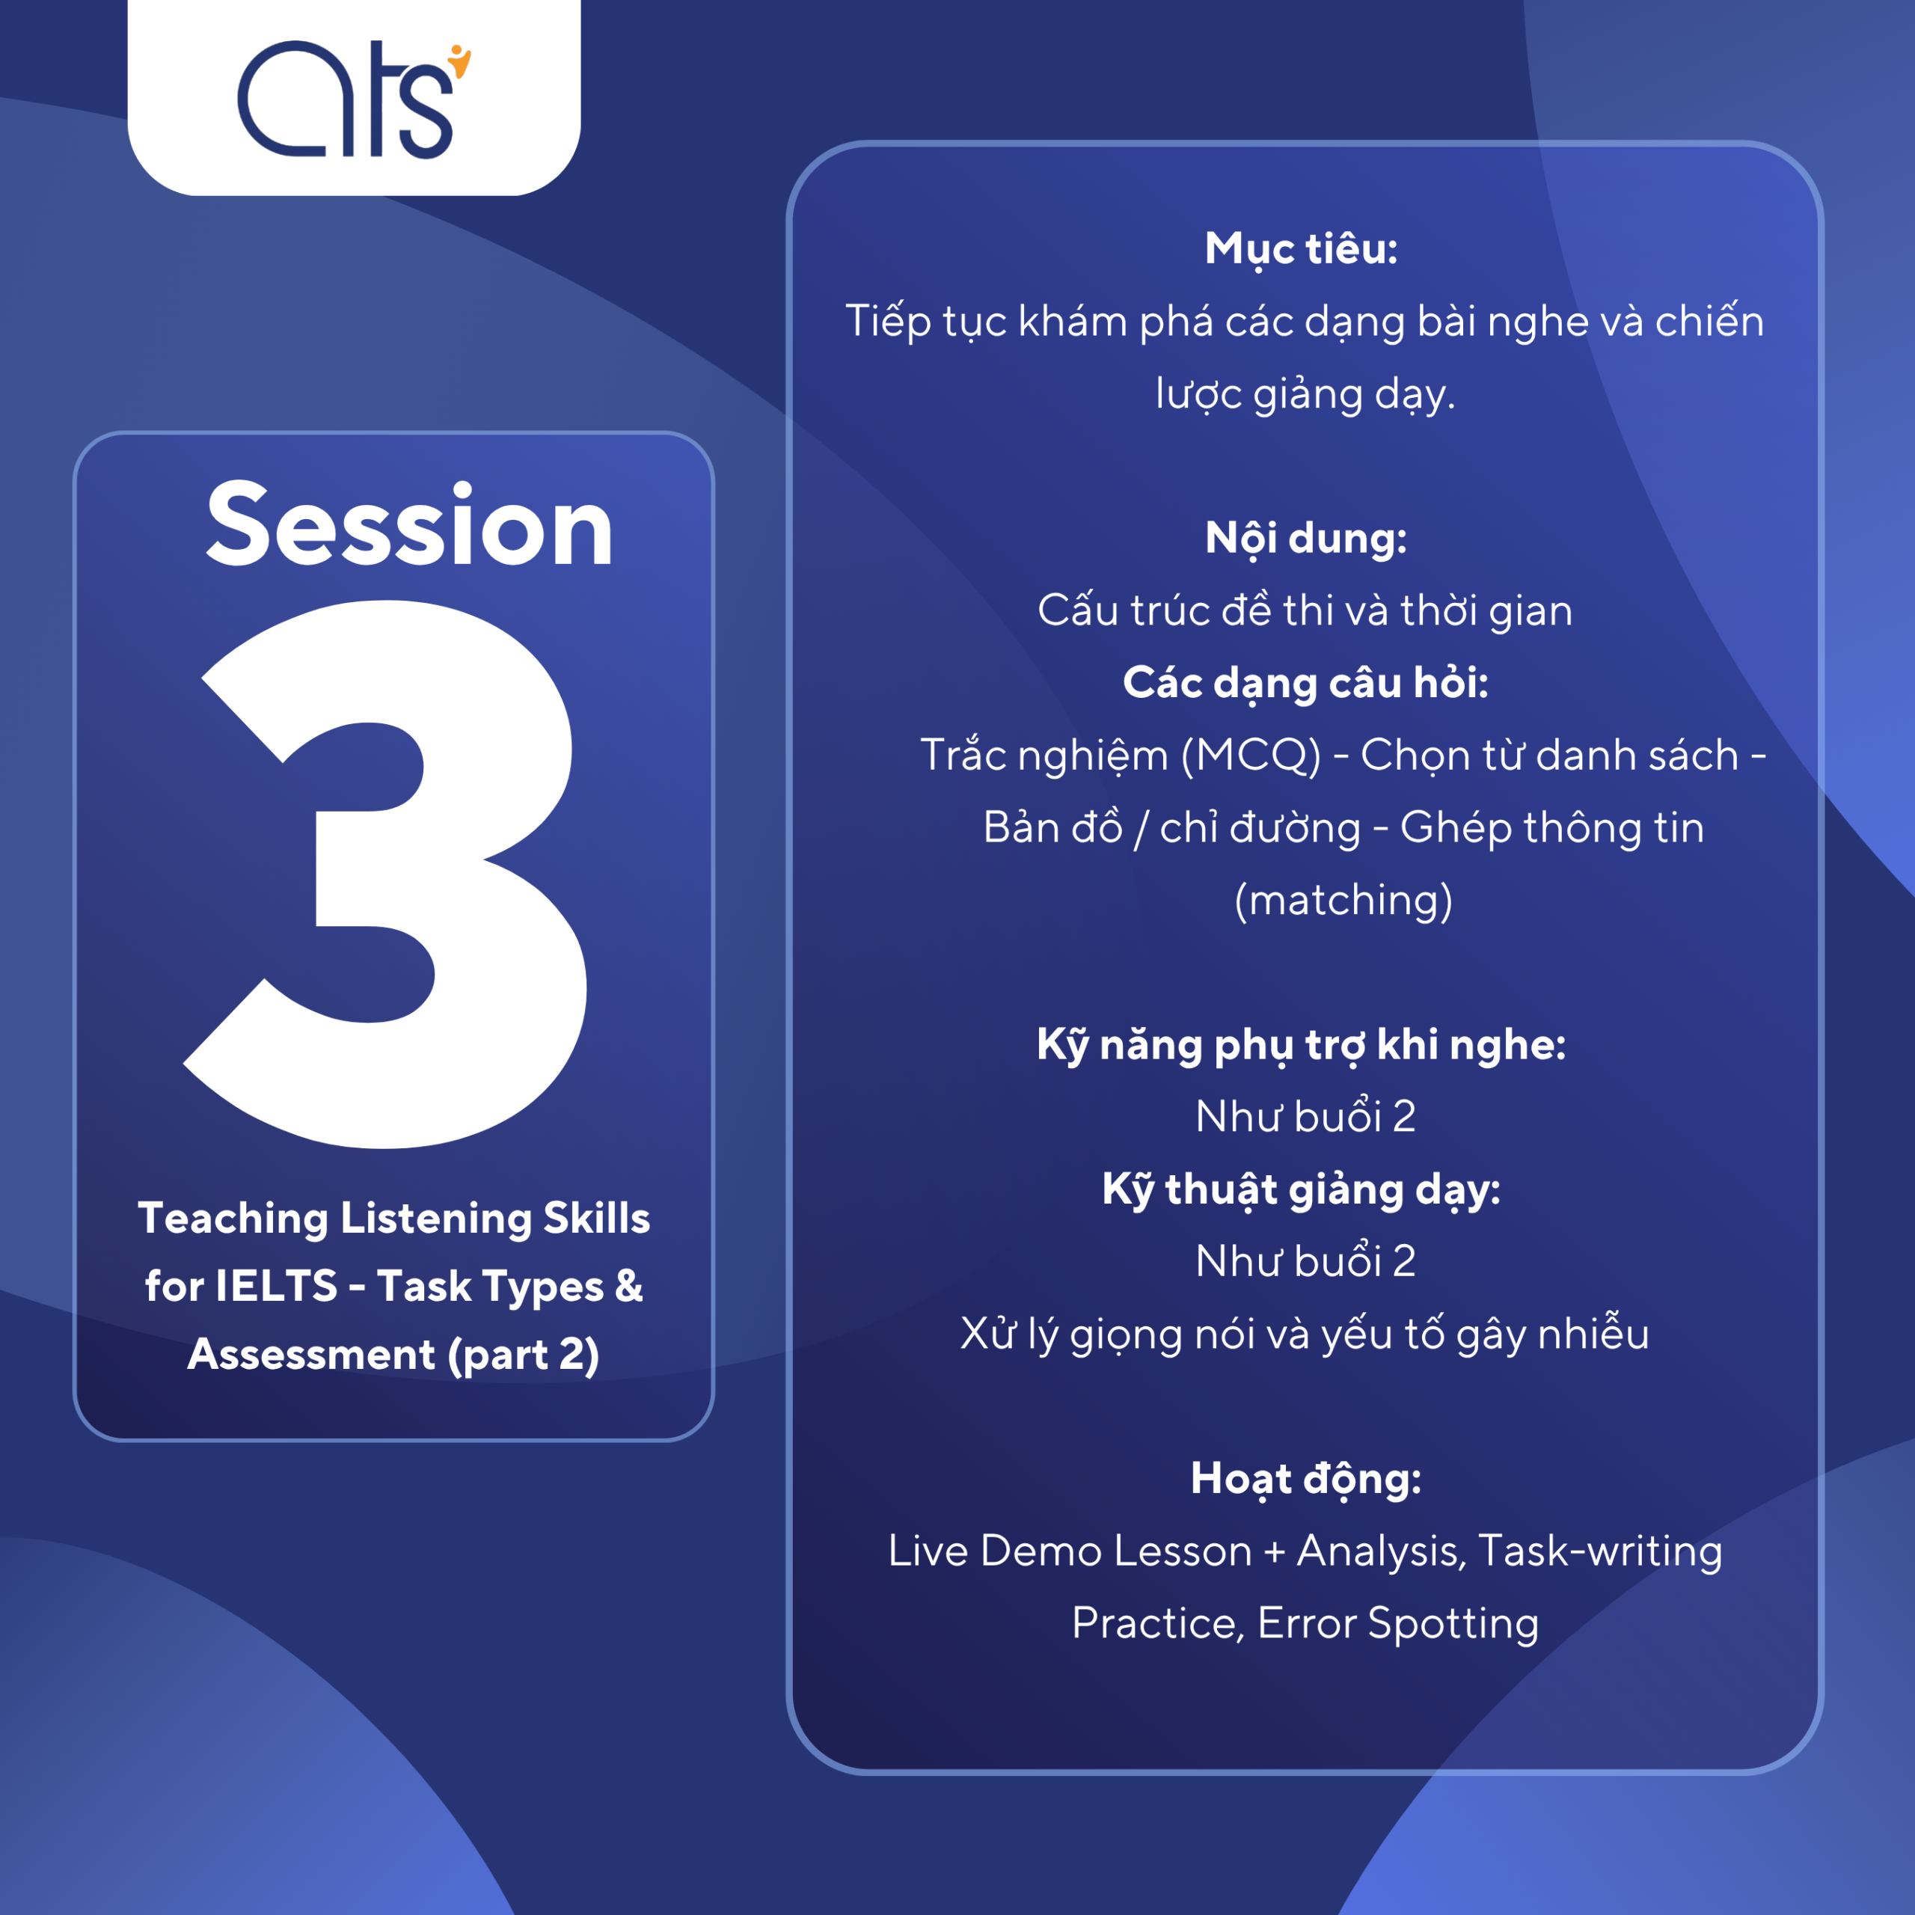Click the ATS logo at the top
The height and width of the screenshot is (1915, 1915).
[354, 99]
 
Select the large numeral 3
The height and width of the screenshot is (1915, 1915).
[385, 874]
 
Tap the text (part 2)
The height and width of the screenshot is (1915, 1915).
[524, 1355]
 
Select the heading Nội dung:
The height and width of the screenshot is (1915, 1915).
[1305, 539]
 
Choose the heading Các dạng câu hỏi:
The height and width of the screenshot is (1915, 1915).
[1305, 683]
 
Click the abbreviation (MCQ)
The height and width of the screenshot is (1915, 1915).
[1251, 756]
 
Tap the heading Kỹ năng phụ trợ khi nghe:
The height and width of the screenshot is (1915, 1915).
[1302, 1045]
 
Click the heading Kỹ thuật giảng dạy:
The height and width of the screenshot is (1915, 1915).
[1302, 1189]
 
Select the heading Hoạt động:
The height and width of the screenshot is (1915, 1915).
[1305, 1479]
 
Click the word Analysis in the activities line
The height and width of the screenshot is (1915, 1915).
[1381, 1551]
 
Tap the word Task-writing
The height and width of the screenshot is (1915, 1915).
[1600, 1551]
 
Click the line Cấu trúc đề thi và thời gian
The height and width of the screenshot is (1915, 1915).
[1305, 610]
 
